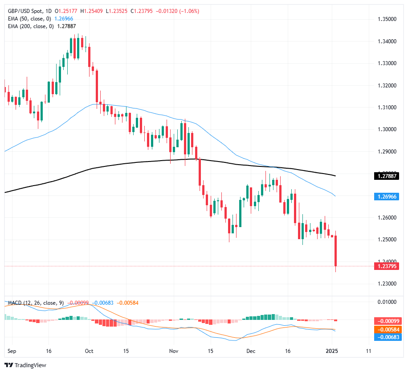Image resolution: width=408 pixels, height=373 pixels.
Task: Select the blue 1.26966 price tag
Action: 389,196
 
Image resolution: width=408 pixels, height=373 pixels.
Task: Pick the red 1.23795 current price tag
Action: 389,266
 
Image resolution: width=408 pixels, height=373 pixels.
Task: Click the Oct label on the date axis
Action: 89,351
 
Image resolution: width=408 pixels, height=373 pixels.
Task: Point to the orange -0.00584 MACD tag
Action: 389,329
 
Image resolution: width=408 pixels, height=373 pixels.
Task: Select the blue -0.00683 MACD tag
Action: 389,337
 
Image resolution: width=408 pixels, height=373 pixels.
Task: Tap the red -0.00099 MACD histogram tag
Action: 389,321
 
